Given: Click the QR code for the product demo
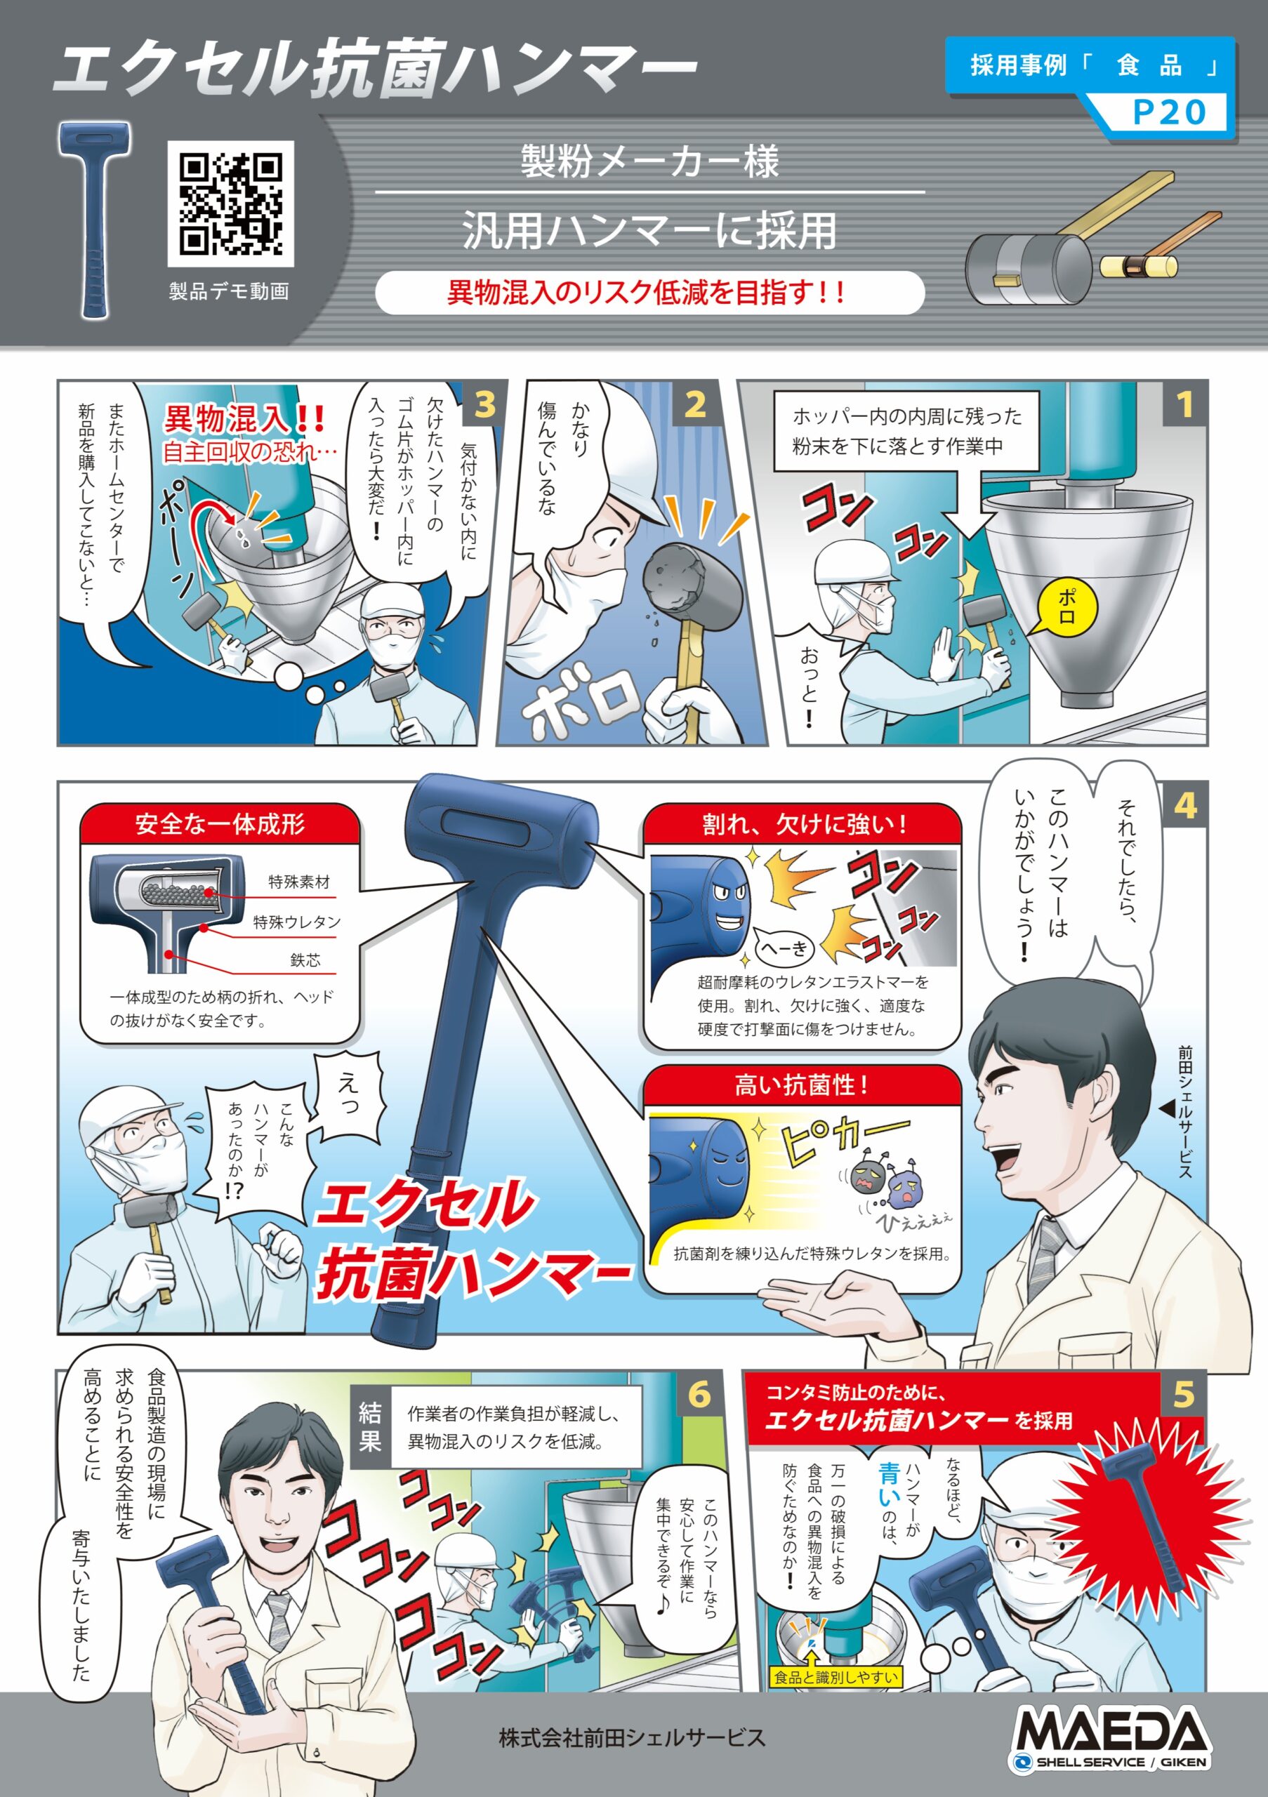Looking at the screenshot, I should (230, 204).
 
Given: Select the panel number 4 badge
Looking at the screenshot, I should (1184, 805).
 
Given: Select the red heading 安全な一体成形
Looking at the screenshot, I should (220, 824).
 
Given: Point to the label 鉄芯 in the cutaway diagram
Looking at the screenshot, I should (305, 960).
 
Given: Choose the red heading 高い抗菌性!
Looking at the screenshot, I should (802, 1085).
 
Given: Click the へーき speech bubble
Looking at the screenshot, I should (785, 949).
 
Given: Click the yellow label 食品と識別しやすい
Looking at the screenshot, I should (836, 1676).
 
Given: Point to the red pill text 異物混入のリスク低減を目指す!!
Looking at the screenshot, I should (648, 293).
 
